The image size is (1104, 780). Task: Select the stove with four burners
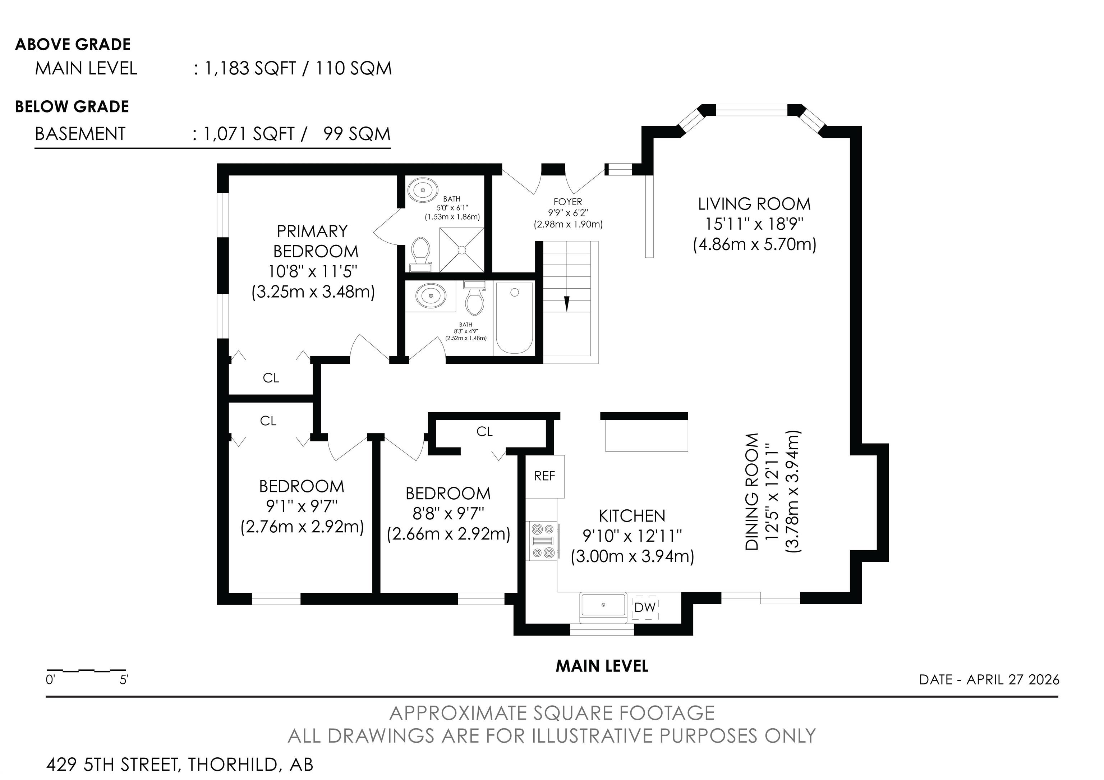[544, 541]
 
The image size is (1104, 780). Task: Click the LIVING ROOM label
[754, 204]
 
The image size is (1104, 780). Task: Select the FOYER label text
[568, 202]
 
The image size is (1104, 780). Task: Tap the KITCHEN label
[632, 516]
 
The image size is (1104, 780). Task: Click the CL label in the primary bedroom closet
[271, 378]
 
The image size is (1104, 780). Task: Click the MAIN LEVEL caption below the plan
[602, 666]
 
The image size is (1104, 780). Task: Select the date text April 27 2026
[1013, 679]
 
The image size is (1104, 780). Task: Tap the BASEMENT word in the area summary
[80, 134]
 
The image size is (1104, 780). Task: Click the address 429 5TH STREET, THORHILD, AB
[180, 764]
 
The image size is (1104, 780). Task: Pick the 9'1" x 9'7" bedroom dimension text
[302, 506]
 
